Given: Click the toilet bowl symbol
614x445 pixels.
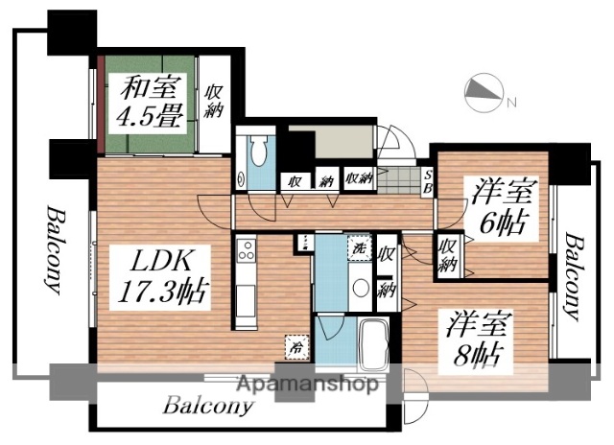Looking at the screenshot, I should tap(257, 154).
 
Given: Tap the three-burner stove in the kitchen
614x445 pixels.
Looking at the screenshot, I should tap(245, 255).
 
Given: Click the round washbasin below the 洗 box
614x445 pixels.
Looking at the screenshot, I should tap(360, 287).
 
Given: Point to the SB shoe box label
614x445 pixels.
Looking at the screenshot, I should tap(428, 181).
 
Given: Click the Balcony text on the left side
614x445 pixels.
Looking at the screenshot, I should tap(52, 247).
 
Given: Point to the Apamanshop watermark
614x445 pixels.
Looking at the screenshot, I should tap(306, 386).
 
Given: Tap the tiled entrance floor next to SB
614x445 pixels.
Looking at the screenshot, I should tap(397, 178).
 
